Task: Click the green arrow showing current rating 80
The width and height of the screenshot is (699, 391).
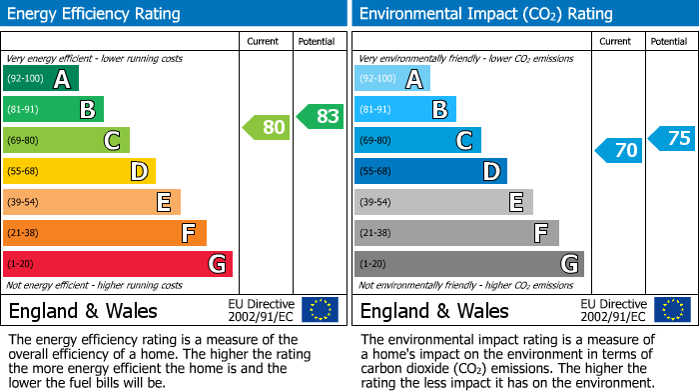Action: pyautogui.click(x=266, y=127)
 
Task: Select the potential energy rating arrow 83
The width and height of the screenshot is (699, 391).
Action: pyautogui.click(x=320, y=116)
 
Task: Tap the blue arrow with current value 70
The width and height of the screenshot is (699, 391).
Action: pyautogui.click(x=618, y=150)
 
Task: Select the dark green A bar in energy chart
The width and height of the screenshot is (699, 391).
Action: pyautogui.click(x=40, y=78)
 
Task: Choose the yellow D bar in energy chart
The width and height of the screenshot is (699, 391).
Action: pyautogui.click(x=79, y=171)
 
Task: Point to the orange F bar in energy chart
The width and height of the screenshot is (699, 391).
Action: pyautogui.click(x=105, y=233)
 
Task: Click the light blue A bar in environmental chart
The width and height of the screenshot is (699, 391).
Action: pyautogui.click(x=392, y=78)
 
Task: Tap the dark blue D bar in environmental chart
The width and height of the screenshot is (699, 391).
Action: pyautogui.click(x=430, y=171)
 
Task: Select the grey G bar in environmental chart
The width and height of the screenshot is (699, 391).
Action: pyautogui.click(x=468, y=264)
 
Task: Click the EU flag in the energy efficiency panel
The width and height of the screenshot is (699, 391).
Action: pyautogui.click(x=320, y=309)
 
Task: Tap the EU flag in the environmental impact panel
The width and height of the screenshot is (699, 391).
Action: pyautogui.click(x=672, y=309)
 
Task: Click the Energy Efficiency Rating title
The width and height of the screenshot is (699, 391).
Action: pyautogui.click(x=94, y=14)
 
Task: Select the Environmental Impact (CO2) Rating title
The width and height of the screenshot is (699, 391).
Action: pyautogui.click(x=485, y=14)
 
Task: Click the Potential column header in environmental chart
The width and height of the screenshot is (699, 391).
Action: pyautogui.click(x=669, y=41)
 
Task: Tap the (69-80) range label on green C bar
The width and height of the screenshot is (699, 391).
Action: pyautogui.click(x=25, y=140)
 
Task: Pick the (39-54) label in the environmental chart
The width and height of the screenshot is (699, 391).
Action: pyautogui.click(x=376, y=202)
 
